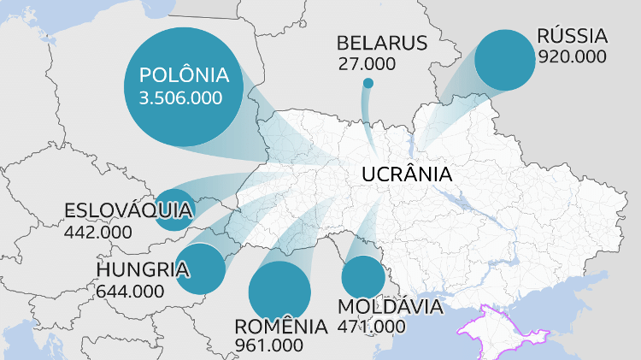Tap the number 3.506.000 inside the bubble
[x=179, y=97]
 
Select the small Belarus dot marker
[x=368, y=83]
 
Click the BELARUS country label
[x=381, y=44]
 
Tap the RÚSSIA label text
[x=572, y=37]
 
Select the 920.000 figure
[x=572, y=56]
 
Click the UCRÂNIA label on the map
[x=406, y=174]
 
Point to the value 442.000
[x=98, y=232]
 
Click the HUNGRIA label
[x=142, y=270]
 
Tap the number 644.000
[x=130, y=291]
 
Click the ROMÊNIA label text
[x=280, y=327]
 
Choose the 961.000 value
[x=268, y=345]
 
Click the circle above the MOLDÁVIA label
[x=363, y=277]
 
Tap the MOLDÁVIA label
[x=390, y=306]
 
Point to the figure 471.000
[x=372, y=326]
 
